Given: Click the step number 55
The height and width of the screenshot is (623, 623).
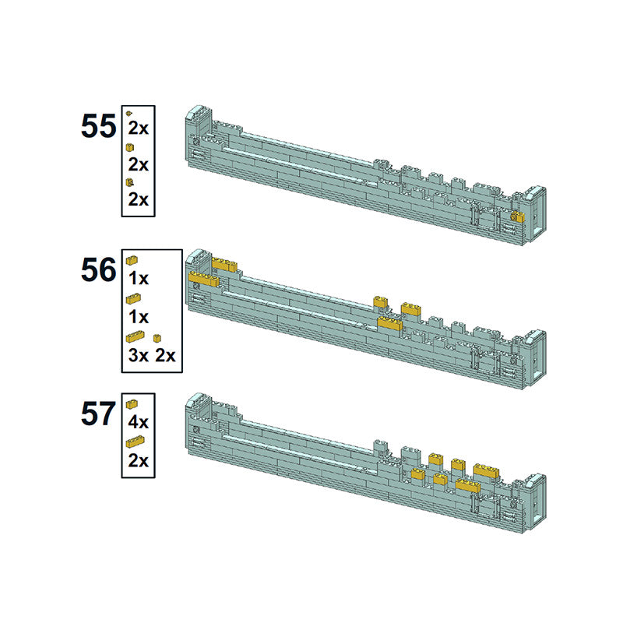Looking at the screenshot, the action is click(x=99, y=126).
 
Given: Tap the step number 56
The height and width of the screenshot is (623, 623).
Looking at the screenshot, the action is click(x=99, y=269).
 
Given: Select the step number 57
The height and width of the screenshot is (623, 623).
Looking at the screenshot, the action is click(x=99, y=414).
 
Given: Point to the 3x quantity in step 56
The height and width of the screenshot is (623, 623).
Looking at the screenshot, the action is click(x=138, y=355).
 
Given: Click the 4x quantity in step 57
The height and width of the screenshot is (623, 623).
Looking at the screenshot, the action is click(x=138, y=422).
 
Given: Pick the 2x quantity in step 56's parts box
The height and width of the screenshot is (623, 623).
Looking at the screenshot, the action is click(x=165, y=355).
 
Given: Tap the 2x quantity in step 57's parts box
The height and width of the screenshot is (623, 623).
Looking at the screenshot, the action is click(x=138, y=460).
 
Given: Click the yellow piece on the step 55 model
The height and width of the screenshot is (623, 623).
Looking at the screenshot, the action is click(x=518, y=217).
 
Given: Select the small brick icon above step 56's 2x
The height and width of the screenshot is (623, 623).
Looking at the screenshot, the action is click(x=157, y=338).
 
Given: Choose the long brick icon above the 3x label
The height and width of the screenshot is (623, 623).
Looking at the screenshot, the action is click(x=135, y=337).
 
